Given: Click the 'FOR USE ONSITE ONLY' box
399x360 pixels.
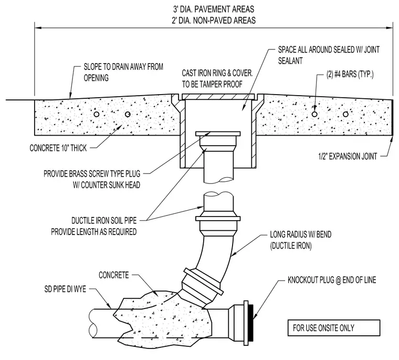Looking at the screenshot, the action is click(x=334, y=327).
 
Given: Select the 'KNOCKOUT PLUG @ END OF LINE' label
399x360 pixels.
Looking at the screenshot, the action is click(x=332, y=280).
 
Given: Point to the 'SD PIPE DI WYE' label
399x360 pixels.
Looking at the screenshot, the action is click(x=65, y=289).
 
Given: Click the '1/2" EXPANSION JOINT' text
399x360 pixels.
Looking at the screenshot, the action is click(x=348, y=156).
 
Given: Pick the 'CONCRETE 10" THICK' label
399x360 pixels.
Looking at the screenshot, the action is click(x=58, y=148).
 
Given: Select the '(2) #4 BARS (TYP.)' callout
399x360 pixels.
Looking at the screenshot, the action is click(x=350, y=75).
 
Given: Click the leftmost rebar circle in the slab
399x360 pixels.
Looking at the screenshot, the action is click(x=97, y=114).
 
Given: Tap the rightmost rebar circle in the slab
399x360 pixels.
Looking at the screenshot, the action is click(x=345, y=114).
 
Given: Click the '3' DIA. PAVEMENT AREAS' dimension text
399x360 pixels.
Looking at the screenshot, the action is click(x=214, y=9).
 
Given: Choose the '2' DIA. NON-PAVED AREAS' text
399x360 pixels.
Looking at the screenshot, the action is click(x=214, y=20).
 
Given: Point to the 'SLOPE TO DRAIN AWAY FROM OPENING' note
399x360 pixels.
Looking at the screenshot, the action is click(x=123, y=73).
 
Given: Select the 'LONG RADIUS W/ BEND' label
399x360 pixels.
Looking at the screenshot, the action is click(x=300, y=234).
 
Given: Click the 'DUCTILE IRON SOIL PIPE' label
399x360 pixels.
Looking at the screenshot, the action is click(x=104, y=220).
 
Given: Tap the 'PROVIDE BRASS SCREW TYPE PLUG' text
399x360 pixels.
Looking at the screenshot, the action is click(x=92, y=174).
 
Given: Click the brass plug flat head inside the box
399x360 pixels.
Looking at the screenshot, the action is click(x=218, y=134).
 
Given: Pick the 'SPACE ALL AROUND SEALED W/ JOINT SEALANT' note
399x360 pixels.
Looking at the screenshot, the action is click(x=329, y=55).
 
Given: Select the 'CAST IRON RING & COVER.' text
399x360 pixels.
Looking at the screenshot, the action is click(x=217, y=73).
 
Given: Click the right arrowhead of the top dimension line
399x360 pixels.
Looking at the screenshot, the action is click(x=390, y=27).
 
